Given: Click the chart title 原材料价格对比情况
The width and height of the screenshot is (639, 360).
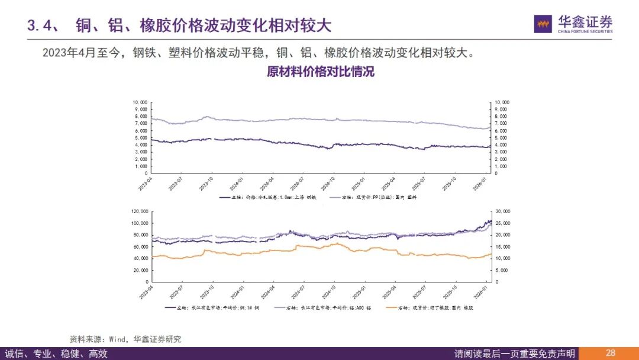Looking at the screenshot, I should coord(320,72).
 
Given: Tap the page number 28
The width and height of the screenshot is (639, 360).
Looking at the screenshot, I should coord(610,353).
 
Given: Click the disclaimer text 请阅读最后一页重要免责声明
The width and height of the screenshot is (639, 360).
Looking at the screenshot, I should coord(514,353).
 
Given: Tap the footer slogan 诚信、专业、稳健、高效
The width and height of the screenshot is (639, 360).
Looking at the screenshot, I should coord(56,353).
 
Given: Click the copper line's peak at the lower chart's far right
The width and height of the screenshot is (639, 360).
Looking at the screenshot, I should coord(490,221).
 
